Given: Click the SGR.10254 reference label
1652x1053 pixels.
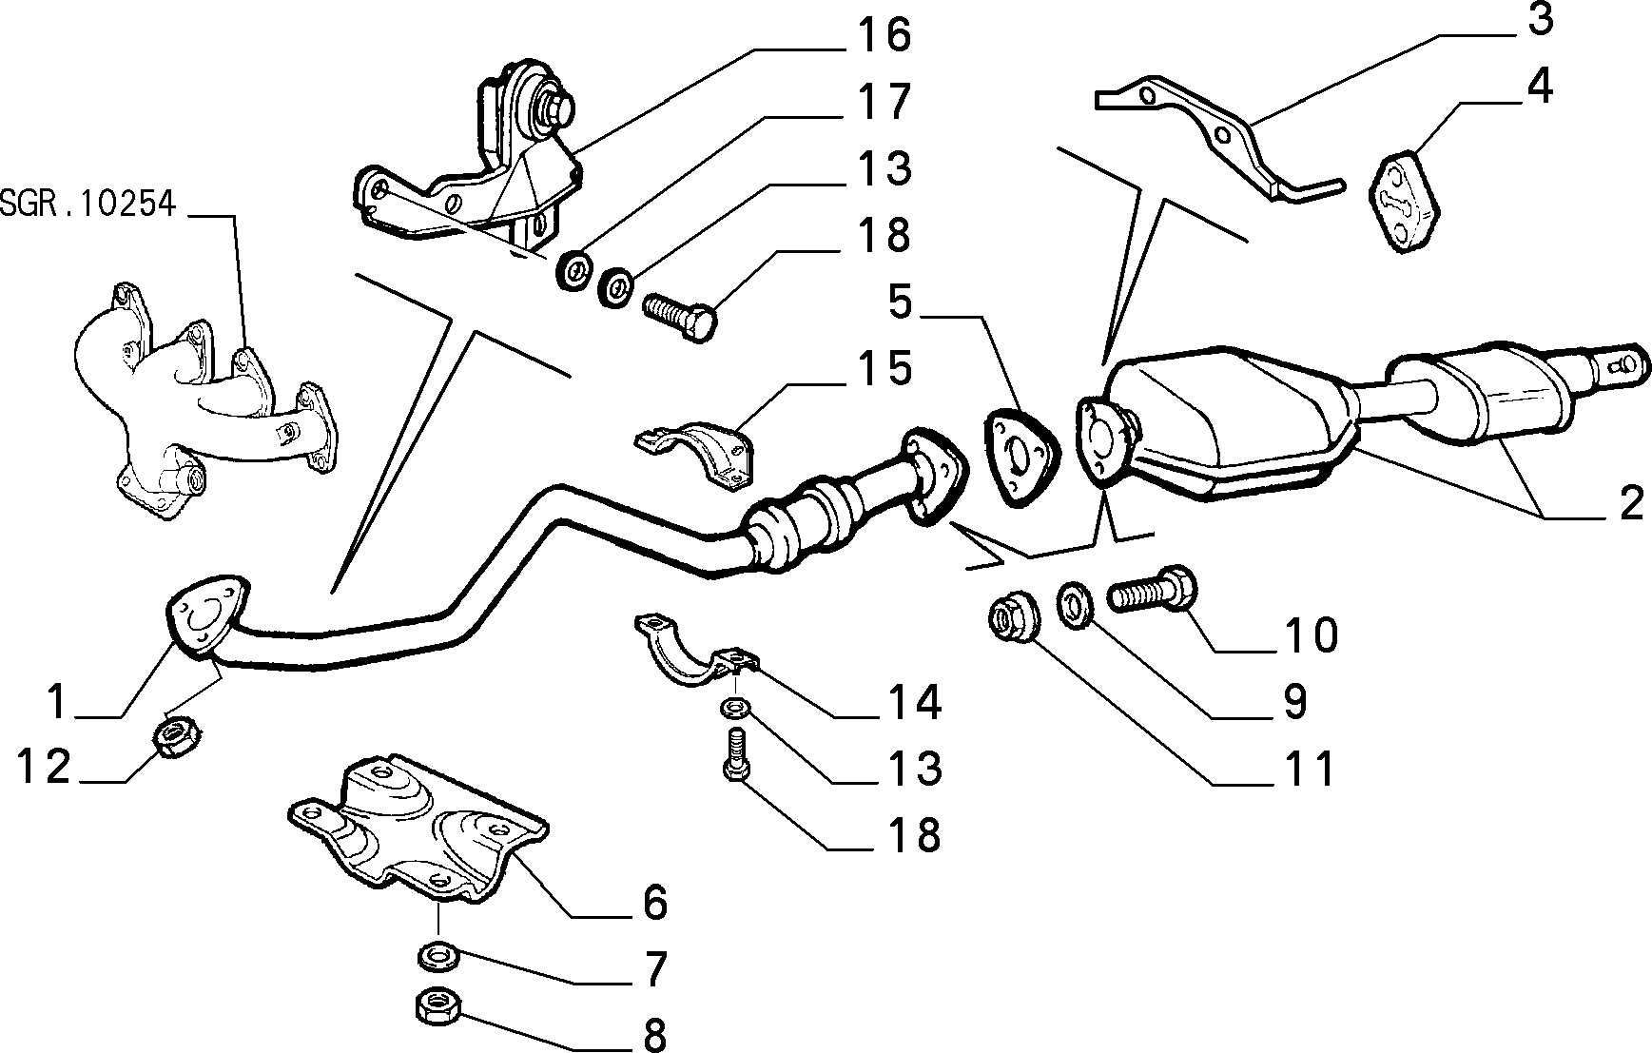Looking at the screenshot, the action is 88,204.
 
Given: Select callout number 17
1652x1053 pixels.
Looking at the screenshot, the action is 884,101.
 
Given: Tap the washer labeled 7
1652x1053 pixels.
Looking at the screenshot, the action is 438,955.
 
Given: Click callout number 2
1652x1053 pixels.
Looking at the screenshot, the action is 1630,502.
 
